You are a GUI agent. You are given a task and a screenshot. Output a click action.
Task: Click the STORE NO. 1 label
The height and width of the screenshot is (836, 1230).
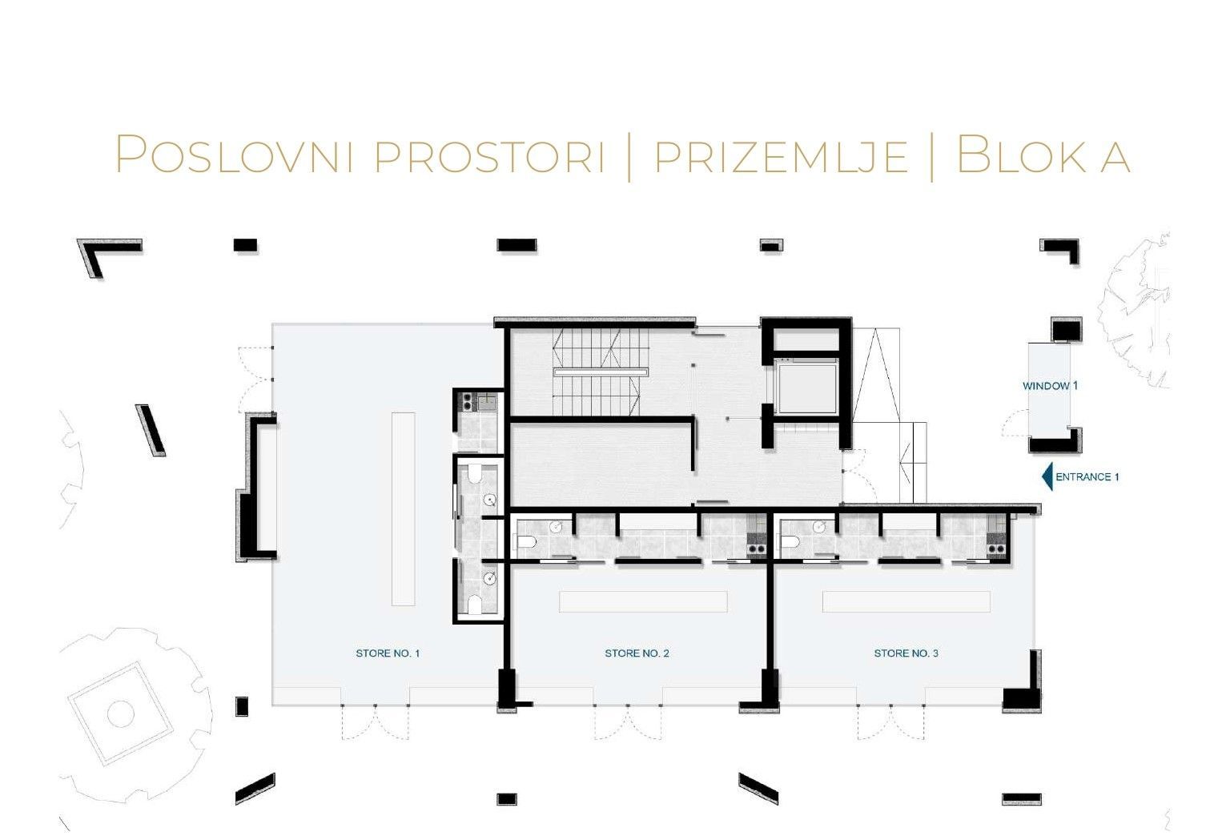tap(388, 653)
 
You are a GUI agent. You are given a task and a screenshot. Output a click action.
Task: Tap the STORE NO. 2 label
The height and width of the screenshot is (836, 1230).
tap(637, 653)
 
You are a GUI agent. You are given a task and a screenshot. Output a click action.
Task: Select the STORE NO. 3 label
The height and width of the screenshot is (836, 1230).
tap(906, 653)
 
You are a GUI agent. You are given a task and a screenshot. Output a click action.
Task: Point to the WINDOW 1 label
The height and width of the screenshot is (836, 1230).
tap(1050, 386)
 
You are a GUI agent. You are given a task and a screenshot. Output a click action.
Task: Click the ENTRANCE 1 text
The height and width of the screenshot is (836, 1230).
tap(1087, 477)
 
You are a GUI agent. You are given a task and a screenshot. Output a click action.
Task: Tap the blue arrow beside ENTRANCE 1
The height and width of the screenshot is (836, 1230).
tap(1047, 477)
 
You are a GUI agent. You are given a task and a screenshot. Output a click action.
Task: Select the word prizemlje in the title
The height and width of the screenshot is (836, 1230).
tap(781, 155)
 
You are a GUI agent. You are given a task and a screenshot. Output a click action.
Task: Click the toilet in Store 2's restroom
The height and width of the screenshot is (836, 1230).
tap(527, 544)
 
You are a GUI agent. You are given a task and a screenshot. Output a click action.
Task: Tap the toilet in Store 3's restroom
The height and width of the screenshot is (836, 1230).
tap(790, 544)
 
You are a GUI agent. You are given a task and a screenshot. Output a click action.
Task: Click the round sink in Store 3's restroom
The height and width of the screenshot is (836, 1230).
tap(819, 527)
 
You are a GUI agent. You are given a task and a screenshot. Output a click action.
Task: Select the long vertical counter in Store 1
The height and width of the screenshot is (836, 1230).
tap(404, 508)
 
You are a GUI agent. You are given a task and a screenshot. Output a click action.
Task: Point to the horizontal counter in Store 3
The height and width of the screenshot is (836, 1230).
tap(906, 601)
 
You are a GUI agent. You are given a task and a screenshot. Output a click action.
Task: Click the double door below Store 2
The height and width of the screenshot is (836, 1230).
tap(628, 722)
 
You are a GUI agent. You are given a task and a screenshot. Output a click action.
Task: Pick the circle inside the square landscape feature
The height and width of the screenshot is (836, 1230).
tap(120, 713)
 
